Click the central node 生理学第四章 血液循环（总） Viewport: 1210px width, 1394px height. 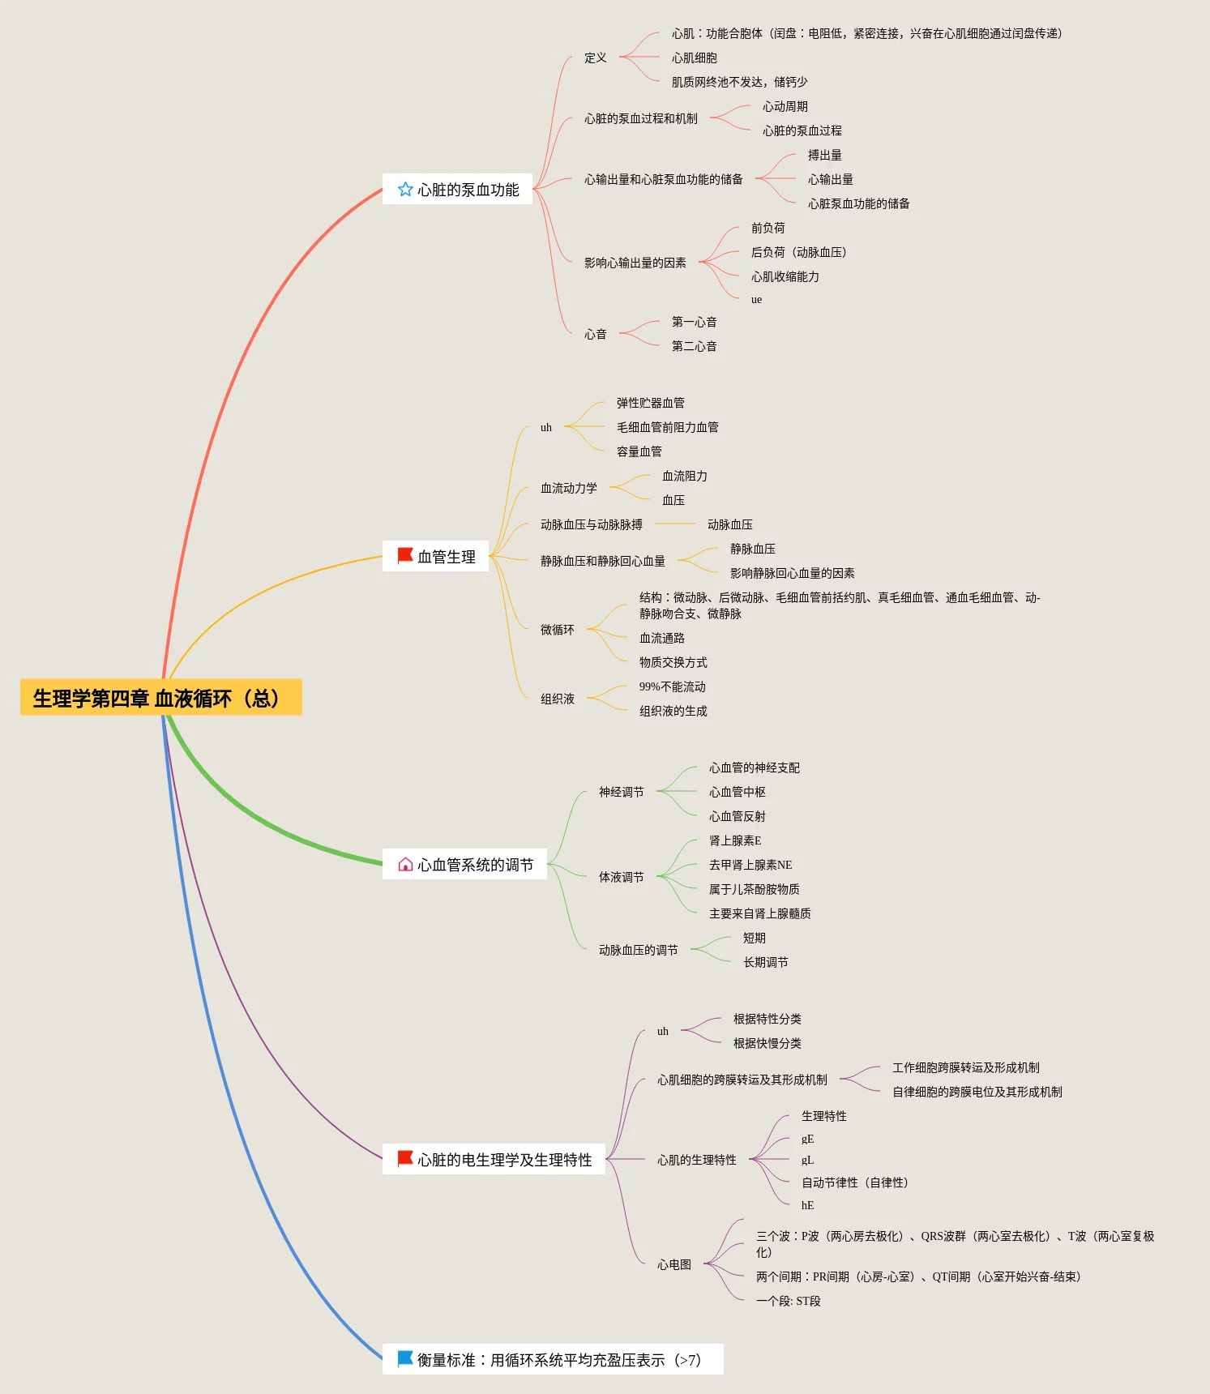[x=160, y=698]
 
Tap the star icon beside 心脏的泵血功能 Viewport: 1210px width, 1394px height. [x=405, y=189]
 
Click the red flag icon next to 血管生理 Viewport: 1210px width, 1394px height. [x=405, y=555]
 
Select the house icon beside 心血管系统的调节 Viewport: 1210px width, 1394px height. [x=405, y=864]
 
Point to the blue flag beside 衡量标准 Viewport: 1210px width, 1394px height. [x=405, y=1358]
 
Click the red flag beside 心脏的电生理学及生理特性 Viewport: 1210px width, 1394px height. [x=405, y=1159]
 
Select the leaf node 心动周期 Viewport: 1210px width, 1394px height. [x=785, y=106]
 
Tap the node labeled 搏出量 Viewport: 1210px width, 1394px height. [x=824, y=155]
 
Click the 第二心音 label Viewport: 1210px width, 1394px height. [x=694, y=346]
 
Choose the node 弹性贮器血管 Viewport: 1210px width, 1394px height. [x=650, y=403]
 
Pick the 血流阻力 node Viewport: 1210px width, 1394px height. [x=684, y=476]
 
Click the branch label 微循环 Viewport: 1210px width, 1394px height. [x=557, y=630]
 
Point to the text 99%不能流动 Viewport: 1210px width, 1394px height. [x=672, y=686]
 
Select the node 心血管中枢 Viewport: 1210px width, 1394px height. [x=737, y=792]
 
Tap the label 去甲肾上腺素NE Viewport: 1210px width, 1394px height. [x=750, y=865]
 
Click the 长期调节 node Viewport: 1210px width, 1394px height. [x=765, y=962]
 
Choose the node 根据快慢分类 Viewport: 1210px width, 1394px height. [x=767, y=1043]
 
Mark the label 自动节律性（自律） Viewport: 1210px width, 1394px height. [x=854, y=1182]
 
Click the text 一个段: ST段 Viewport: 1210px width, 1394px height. [x=788, y=1301]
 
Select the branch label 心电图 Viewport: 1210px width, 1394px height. [x=673, y=1264]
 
